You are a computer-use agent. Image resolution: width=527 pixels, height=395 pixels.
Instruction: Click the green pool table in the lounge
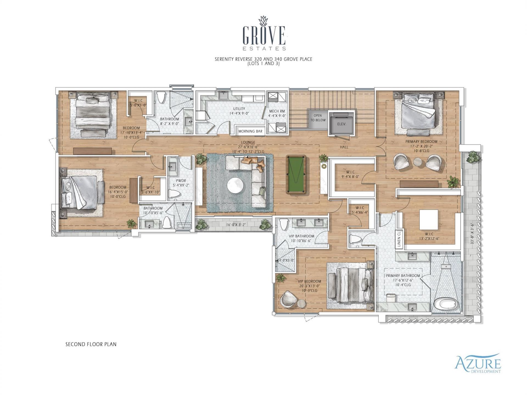(296, 174)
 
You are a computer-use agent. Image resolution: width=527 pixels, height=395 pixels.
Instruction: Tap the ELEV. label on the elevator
(341, 124)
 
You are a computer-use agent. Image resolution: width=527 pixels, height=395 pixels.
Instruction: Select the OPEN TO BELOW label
(318, 118)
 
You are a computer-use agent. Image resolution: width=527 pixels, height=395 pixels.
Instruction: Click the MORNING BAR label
(250, 131)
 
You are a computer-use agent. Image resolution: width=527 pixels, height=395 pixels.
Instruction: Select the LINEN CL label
(399, 238)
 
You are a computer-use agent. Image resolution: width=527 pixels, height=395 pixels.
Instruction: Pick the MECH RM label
(277, 111)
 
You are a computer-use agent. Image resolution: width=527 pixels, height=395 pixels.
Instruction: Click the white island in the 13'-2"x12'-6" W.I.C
(429, 220)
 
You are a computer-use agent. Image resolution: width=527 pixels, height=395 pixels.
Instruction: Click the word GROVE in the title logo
(264, 36)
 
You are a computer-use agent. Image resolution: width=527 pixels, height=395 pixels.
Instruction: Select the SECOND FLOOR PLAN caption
(91, 344)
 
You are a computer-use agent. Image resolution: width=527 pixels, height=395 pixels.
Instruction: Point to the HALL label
(344, 147)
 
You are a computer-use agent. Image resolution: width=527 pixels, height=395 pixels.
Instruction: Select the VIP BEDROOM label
(310, 281)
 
